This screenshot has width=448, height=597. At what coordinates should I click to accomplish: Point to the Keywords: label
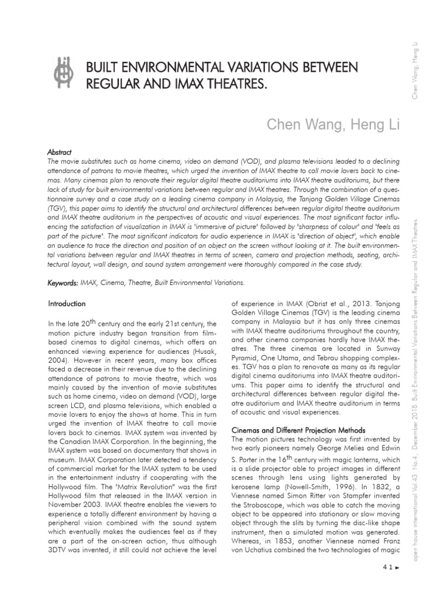tap(63, 283)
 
